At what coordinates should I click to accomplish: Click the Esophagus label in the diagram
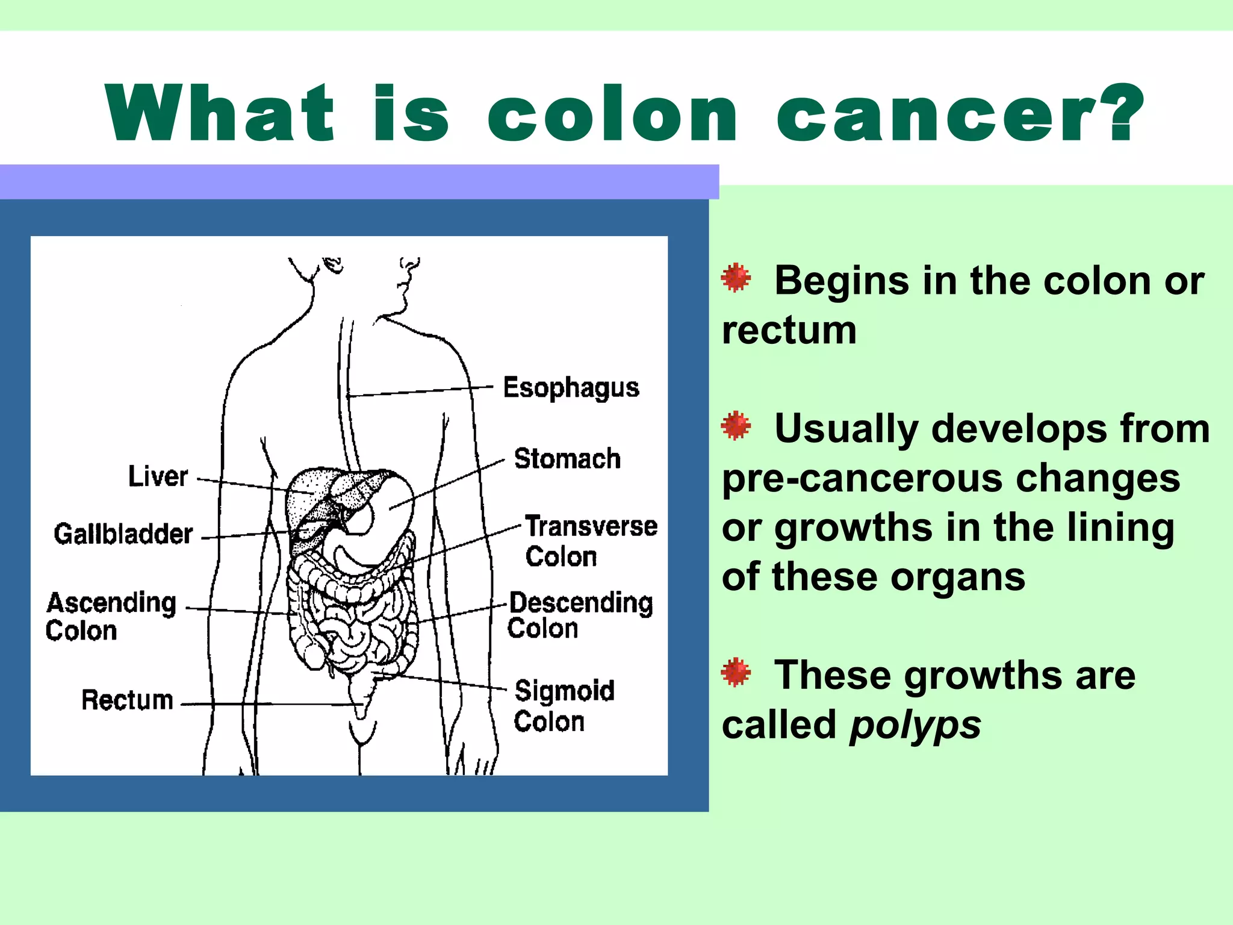(571, 388)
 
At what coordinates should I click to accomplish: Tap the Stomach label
(567, 459)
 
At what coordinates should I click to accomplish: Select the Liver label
(158, 476)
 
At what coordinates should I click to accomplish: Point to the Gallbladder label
(123, 534)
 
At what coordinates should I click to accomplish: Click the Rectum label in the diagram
(127, 700)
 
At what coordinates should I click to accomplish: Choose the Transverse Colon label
(591, 541)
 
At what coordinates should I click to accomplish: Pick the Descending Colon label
(580, 615)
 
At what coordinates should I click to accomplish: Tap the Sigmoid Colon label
(564, 706)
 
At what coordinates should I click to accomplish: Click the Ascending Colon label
(111, 616)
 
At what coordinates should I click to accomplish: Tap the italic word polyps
(915, 725)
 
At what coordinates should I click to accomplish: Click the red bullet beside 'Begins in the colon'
(736, 278)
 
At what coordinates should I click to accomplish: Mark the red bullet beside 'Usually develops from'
(736, 426)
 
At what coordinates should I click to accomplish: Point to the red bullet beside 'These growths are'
(736, 673)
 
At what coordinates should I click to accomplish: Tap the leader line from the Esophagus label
(421, 391)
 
